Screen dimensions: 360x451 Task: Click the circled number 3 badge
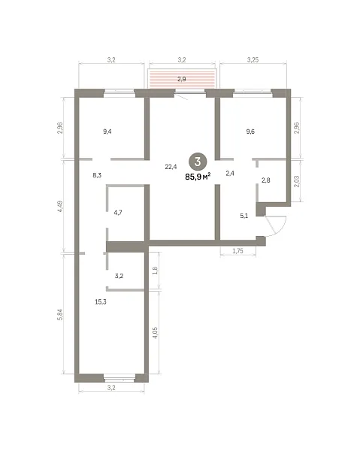pos(198,162)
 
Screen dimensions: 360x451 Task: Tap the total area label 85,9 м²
pos(198,177)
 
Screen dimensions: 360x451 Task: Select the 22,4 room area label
pos(171,167)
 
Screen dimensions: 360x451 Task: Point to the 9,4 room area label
pos(107,132)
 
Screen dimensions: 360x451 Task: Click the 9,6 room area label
pos(250,132)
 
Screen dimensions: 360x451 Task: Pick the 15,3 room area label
pos(101,301)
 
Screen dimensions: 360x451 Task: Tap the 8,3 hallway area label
pos(97,175)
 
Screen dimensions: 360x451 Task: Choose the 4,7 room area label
pos(118,213)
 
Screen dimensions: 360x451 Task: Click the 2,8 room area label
pos(266,180)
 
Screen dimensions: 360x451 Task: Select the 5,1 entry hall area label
pos(244,216)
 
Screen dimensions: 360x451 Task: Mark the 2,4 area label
pos(230,173)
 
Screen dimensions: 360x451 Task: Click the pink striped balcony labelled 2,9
pos(182,78)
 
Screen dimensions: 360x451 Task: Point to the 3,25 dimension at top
pos(253,59)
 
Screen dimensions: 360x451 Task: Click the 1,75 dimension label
pos(237,251)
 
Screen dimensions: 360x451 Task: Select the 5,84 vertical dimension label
pos(60,314)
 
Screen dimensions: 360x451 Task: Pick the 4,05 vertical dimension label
pos(156,333)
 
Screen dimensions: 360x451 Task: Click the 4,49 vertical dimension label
pos(60,206)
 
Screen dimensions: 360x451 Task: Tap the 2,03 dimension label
pos(297,181)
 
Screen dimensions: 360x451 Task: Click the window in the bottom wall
pos(119,378)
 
